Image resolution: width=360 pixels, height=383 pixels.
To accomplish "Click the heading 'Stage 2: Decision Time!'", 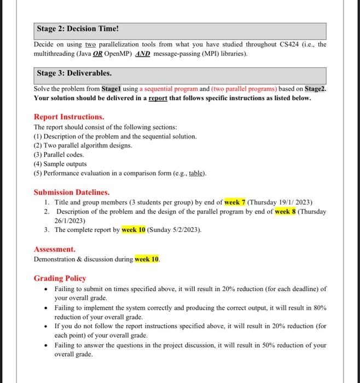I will pos(74,28).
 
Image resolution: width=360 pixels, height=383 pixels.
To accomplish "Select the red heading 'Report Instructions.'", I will pos(69,117).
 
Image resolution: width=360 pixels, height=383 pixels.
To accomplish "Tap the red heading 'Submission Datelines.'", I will pos(71,193).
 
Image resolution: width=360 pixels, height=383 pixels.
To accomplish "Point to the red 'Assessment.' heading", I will pos(55,249).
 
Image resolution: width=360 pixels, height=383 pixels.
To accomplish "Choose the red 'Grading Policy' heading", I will pos(60,278).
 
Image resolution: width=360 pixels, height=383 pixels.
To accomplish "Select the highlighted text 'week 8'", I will pos(285,212).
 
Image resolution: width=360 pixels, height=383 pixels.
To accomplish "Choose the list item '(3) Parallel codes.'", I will pos(60,155).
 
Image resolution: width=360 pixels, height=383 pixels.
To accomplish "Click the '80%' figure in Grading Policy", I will pos(318,308).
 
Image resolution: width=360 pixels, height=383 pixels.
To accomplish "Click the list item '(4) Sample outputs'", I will pos(60,164).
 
